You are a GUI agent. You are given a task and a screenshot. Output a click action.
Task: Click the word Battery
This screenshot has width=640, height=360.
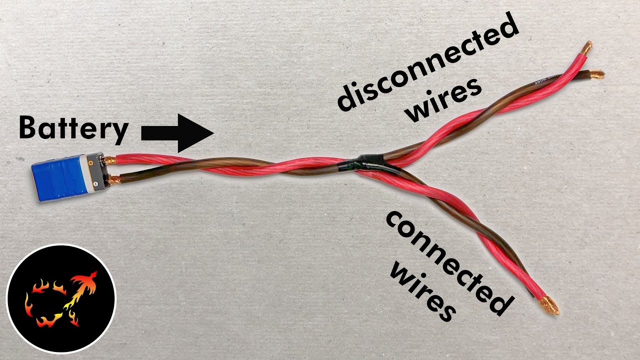[73, 127]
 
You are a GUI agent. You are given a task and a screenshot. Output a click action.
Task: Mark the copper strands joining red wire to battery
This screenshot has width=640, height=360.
[109, 160]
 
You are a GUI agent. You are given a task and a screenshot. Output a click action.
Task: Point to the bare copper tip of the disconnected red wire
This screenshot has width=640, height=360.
[586, 48]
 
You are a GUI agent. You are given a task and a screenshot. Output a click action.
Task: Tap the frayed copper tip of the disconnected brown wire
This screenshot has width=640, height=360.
[596, 75]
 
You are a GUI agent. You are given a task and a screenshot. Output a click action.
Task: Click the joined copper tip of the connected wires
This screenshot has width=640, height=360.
[550, 305]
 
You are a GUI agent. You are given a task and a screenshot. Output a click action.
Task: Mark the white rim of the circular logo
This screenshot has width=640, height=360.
[61, 245]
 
